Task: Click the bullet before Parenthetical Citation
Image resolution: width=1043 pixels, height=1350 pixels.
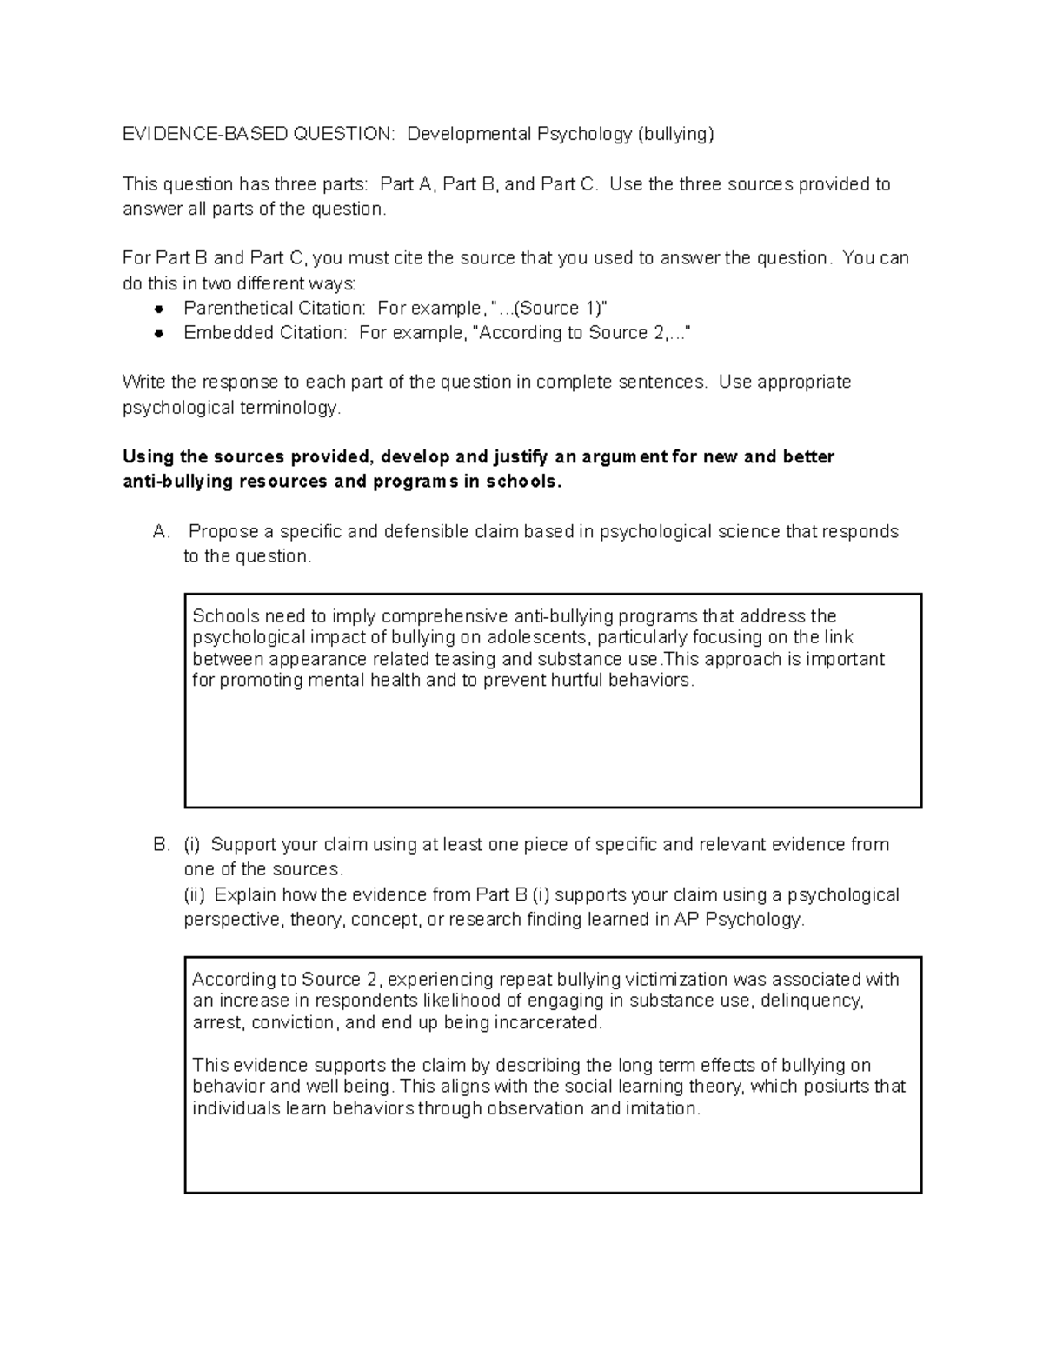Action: (x=158, y=309)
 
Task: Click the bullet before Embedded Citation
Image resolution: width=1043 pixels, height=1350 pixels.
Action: (x=158, y=333)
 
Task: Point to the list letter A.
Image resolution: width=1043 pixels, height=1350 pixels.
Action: (x=160, y=532)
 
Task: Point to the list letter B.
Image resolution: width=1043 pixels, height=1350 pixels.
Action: (x=160, y=845)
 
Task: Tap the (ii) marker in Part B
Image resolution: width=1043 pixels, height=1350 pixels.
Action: (x=196, y=895)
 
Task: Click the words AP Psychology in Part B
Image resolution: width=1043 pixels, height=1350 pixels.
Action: (x=738, y=920)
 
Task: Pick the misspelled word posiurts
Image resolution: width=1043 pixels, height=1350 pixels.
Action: (x=836, y=1087)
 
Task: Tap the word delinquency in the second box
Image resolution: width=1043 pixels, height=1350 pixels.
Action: (x=812, y=1001)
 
